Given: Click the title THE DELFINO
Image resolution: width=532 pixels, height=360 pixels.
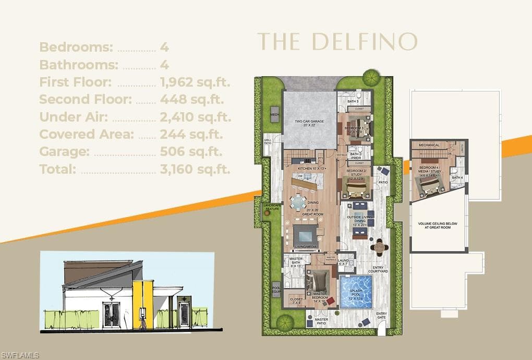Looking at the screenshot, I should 337,42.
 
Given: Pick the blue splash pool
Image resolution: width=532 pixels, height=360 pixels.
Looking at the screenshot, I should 356,292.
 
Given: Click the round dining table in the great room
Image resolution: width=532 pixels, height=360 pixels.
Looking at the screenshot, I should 298,201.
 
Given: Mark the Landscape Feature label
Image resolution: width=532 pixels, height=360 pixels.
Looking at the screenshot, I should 272,208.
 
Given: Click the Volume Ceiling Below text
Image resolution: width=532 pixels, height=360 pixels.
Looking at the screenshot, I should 438,225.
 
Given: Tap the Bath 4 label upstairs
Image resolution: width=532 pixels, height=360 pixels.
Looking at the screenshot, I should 457,178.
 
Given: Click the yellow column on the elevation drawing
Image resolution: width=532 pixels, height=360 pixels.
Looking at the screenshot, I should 142,305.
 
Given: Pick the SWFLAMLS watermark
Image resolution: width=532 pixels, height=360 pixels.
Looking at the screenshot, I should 20,355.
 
